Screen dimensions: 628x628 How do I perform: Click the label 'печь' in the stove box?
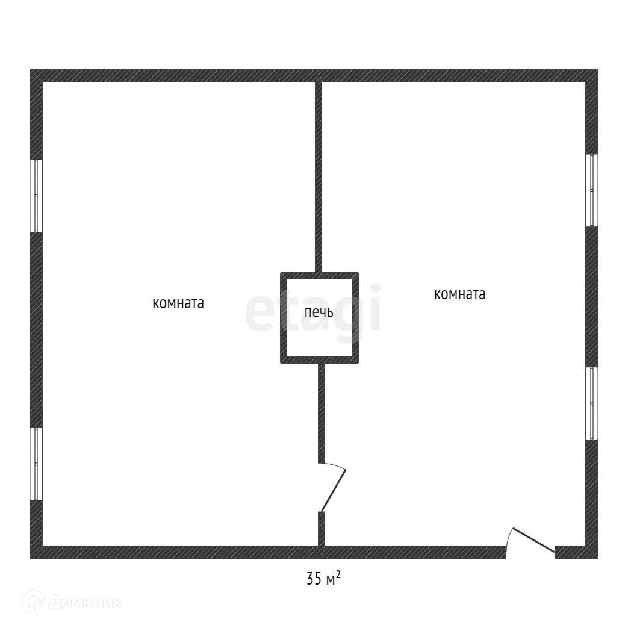[319, 313]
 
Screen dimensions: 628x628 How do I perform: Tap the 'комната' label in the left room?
[178, 303]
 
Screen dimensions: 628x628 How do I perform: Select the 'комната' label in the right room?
[459, 294]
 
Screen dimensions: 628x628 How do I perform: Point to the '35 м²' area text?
[323, 579]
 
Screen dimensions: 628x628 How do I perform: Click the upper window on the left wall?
[36, 196]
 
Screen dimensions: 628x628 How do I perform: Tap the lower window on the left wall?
[36, 464]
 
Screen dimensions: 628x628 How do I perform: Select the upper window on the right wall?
[592, 190]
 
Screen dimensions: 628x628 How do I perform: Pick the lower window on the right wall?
[592, 403]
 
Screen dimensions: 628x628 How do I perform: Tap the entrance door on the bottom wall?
[531, 540]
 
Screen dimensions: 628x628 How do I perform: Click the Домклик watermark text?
[85, 602]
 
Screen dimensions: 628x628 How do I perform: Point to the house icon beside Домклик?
[34, 601]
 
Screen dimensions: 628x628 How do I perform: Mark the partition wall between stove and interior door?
[322, 412]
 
